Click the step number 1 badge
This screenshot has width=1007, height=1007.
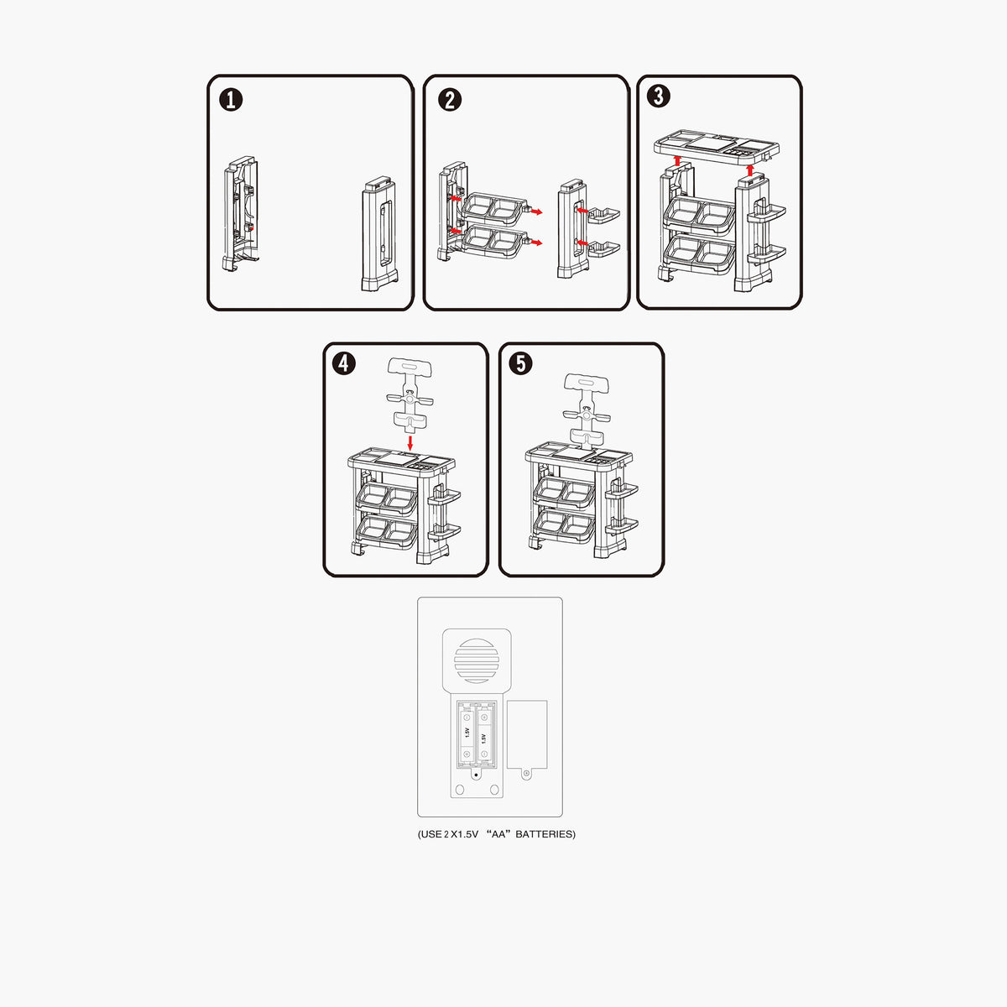coord(231,99)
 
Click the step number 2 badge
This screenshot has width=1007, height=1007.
coord(450,99)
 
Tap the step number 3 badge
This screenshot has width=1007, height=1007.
coord(659,97)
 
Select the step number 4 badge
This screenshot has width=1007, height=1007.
coord(344,363)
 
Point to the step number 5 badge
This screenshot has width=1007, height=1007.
coord(521,363)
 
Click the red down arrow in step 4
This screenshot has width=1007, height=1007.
coord(410,443)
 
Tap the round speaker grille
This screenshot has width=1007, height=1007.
coord(477,661)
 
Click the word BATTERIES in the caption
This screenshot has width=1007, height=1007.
coord(545,834)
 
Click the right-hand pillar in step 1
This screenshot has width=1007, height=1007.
coord(379,233)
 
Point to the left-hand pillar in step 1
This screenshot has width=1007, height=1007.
coord(241,213)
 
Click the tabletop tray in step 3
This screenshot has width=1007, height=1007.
coord(717,147)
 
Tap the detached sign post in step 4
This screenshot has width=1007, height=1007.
coord(410,395)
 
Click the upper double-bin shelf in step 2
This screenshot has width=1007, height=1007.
coord(493,208)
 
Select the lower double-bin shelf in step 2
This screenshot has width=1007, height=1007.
coord(493,241)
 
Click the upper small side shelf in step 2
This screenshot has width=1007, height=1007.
coord(603,216)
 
